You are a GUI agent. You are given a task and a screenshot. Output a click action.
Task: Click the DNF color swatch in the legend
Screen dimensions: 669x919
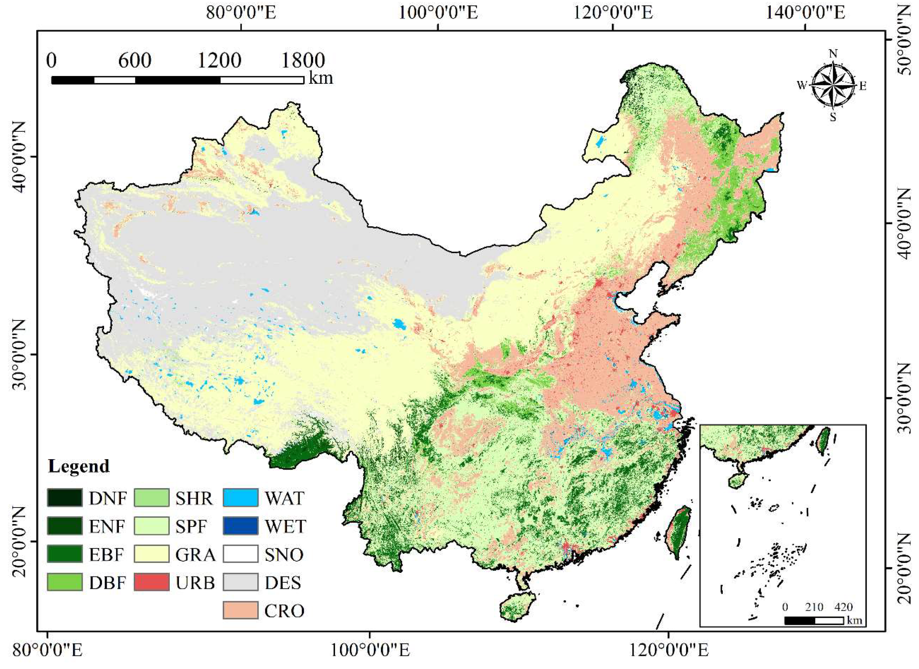tap(64, 498)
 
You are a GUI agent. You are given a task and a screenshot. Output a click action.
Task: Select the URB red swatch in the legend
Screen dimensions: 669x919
tap(152, 582)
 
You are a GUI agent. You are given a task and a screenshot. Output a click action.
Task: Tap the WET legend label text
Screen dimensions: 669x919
tap(285, 527)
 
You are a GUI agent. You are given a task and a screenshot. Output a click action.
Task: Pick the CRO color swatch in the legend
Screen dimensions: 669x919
tap(240, 610)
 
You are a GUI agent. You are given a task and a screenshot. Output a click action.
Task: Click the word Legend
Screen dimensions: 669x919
tap(78, 466)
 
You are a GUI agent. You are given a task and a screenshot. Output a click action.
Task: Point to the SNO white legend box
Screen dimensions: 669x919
tap(240, 554)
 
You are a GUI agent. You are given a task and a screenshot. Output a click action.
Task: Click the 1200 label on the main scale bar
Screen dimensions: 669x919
tap(219, 61)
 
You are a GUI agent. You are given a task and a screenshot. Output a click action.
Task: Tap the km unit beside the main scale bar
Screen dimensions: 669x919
tap(321, 78)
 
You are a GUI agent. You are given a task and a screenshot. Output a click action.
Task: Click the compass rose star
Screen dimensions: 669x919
tap(833, 85)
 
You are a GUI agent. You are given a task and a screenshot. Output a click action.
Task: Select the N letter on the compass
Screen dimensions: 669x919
tap(833, 54)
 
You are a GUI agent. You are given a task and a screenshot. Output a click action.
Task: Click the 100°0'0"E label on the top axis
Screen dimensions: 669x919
tap(438, 13)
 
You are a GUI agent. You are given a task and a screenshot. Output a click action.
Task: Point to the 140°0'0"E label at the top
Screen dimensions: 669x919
tap(805, 13)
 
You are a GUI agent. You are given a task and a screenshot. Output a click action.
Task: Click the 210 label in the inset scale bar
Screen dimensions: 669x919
tap(814, 607)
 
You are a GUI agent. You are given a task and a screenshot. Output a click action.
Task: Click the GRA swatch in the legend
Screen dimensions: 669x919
tap(152, 554)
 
